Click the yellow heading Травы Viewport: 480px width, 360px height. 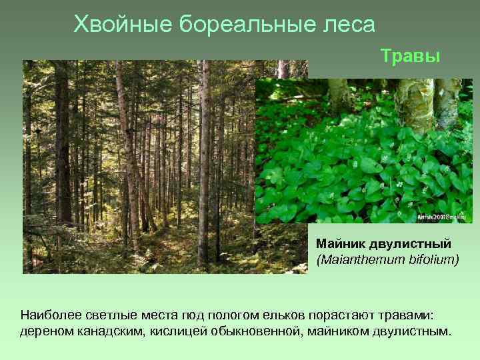coord(411,56)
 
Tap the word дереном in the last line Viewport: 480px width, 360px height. coord(43,331)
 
